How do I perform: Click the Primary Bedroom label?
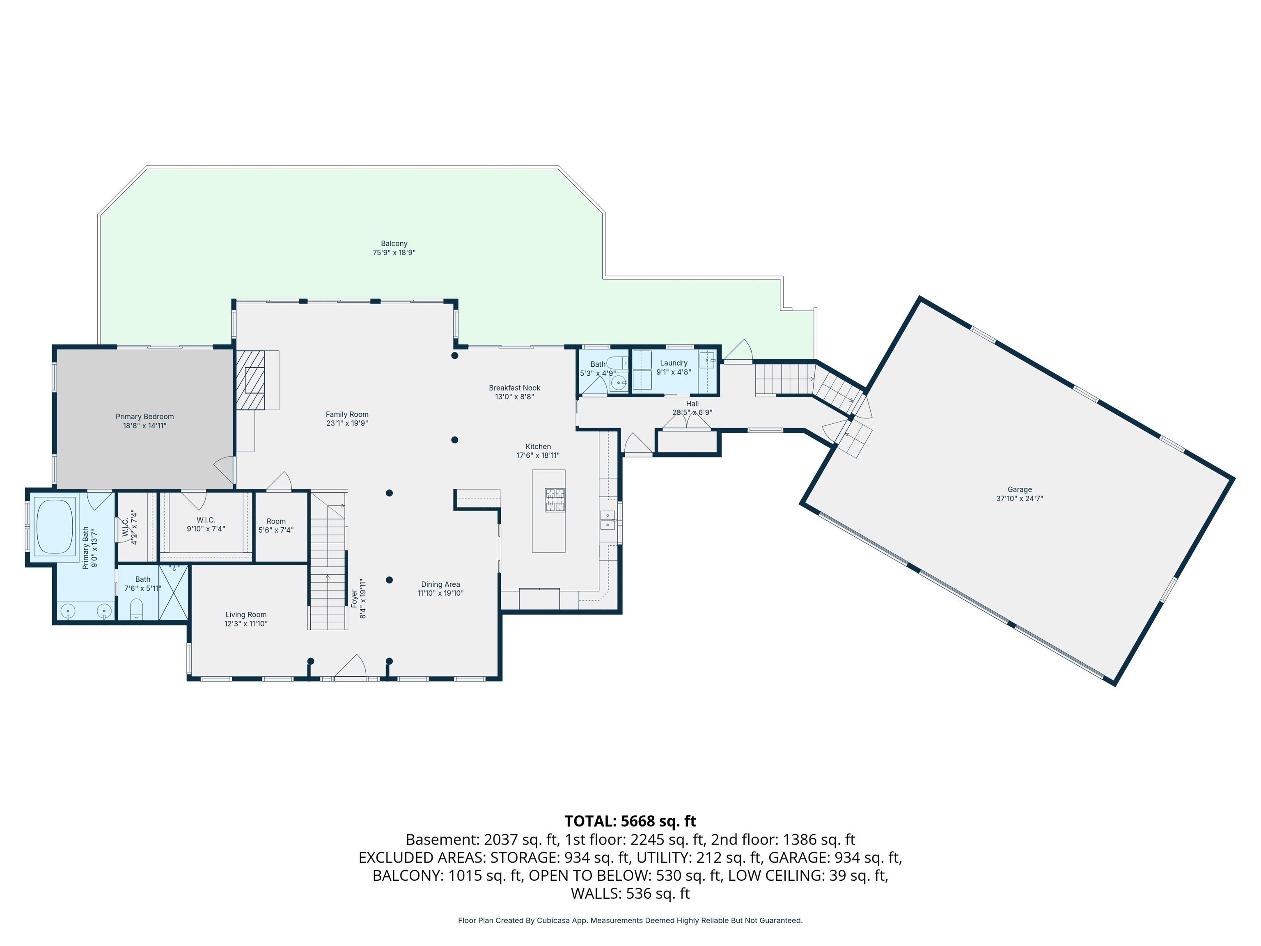(145, 417)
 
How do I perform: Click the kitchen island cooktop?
(555, 500)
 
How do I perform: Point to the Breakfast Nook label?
(515, 388)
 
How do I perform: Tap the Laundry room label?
(674, 363)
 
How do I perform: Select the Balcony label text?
(394, 243)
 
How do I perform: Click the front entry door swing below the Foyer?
(350, 667)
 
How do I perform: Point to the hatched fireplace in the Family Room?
(251, 379)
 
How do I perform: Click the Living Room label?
(246, 615)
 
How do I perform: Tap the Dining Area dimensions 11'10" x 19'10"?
(441, 593)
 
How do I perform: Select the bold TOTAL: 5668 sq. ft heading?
(630, 821)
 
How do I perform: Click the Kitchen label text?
(538, 446)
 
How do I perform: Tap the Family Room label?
(347, 415)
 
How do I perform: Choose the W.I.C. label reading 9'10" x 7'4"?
(206, 520)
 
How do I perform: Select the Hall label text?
(692, 404)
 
